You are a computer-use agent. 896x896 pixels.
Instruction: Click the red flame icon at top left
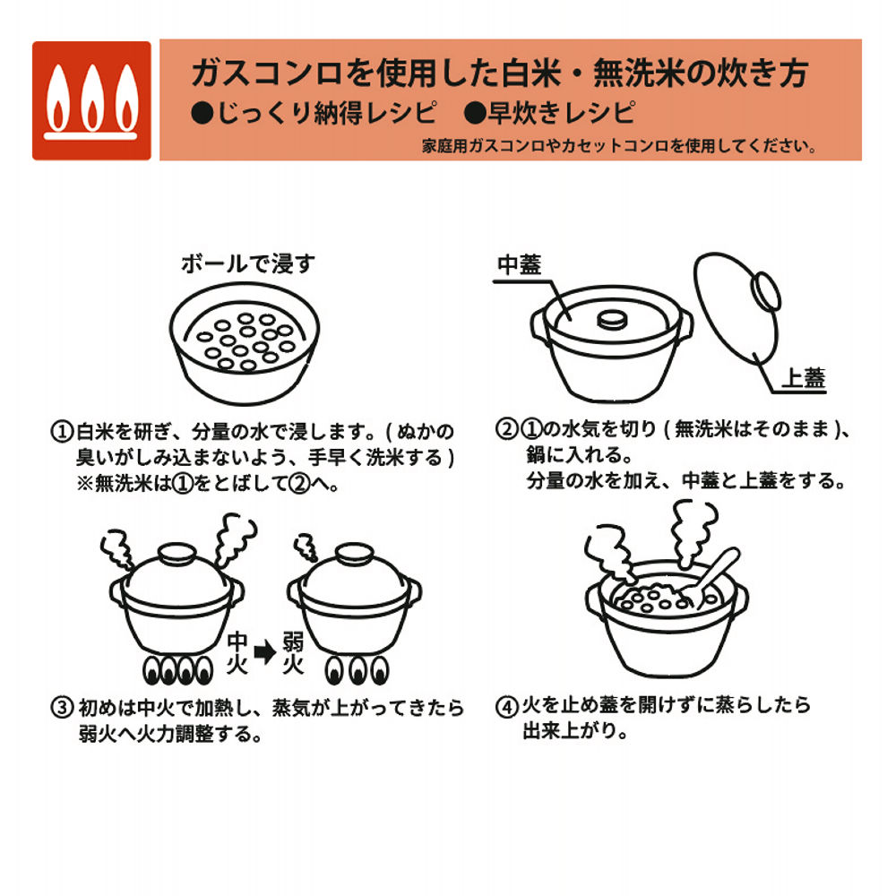point(91,100)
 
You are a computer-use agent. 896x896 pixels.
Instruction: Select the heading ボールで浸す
point(248,264)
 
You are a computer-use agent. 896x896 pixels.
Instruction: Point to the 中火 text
point(237,652)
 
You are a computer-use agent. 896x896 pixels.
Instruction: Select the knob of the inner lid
point(612,319)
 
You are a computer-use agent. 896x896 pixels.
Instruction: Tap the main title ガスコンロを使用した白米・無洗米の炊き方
point(499,73)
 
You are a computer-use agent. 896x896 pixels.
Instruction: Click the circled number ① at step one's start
point(61,431)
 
